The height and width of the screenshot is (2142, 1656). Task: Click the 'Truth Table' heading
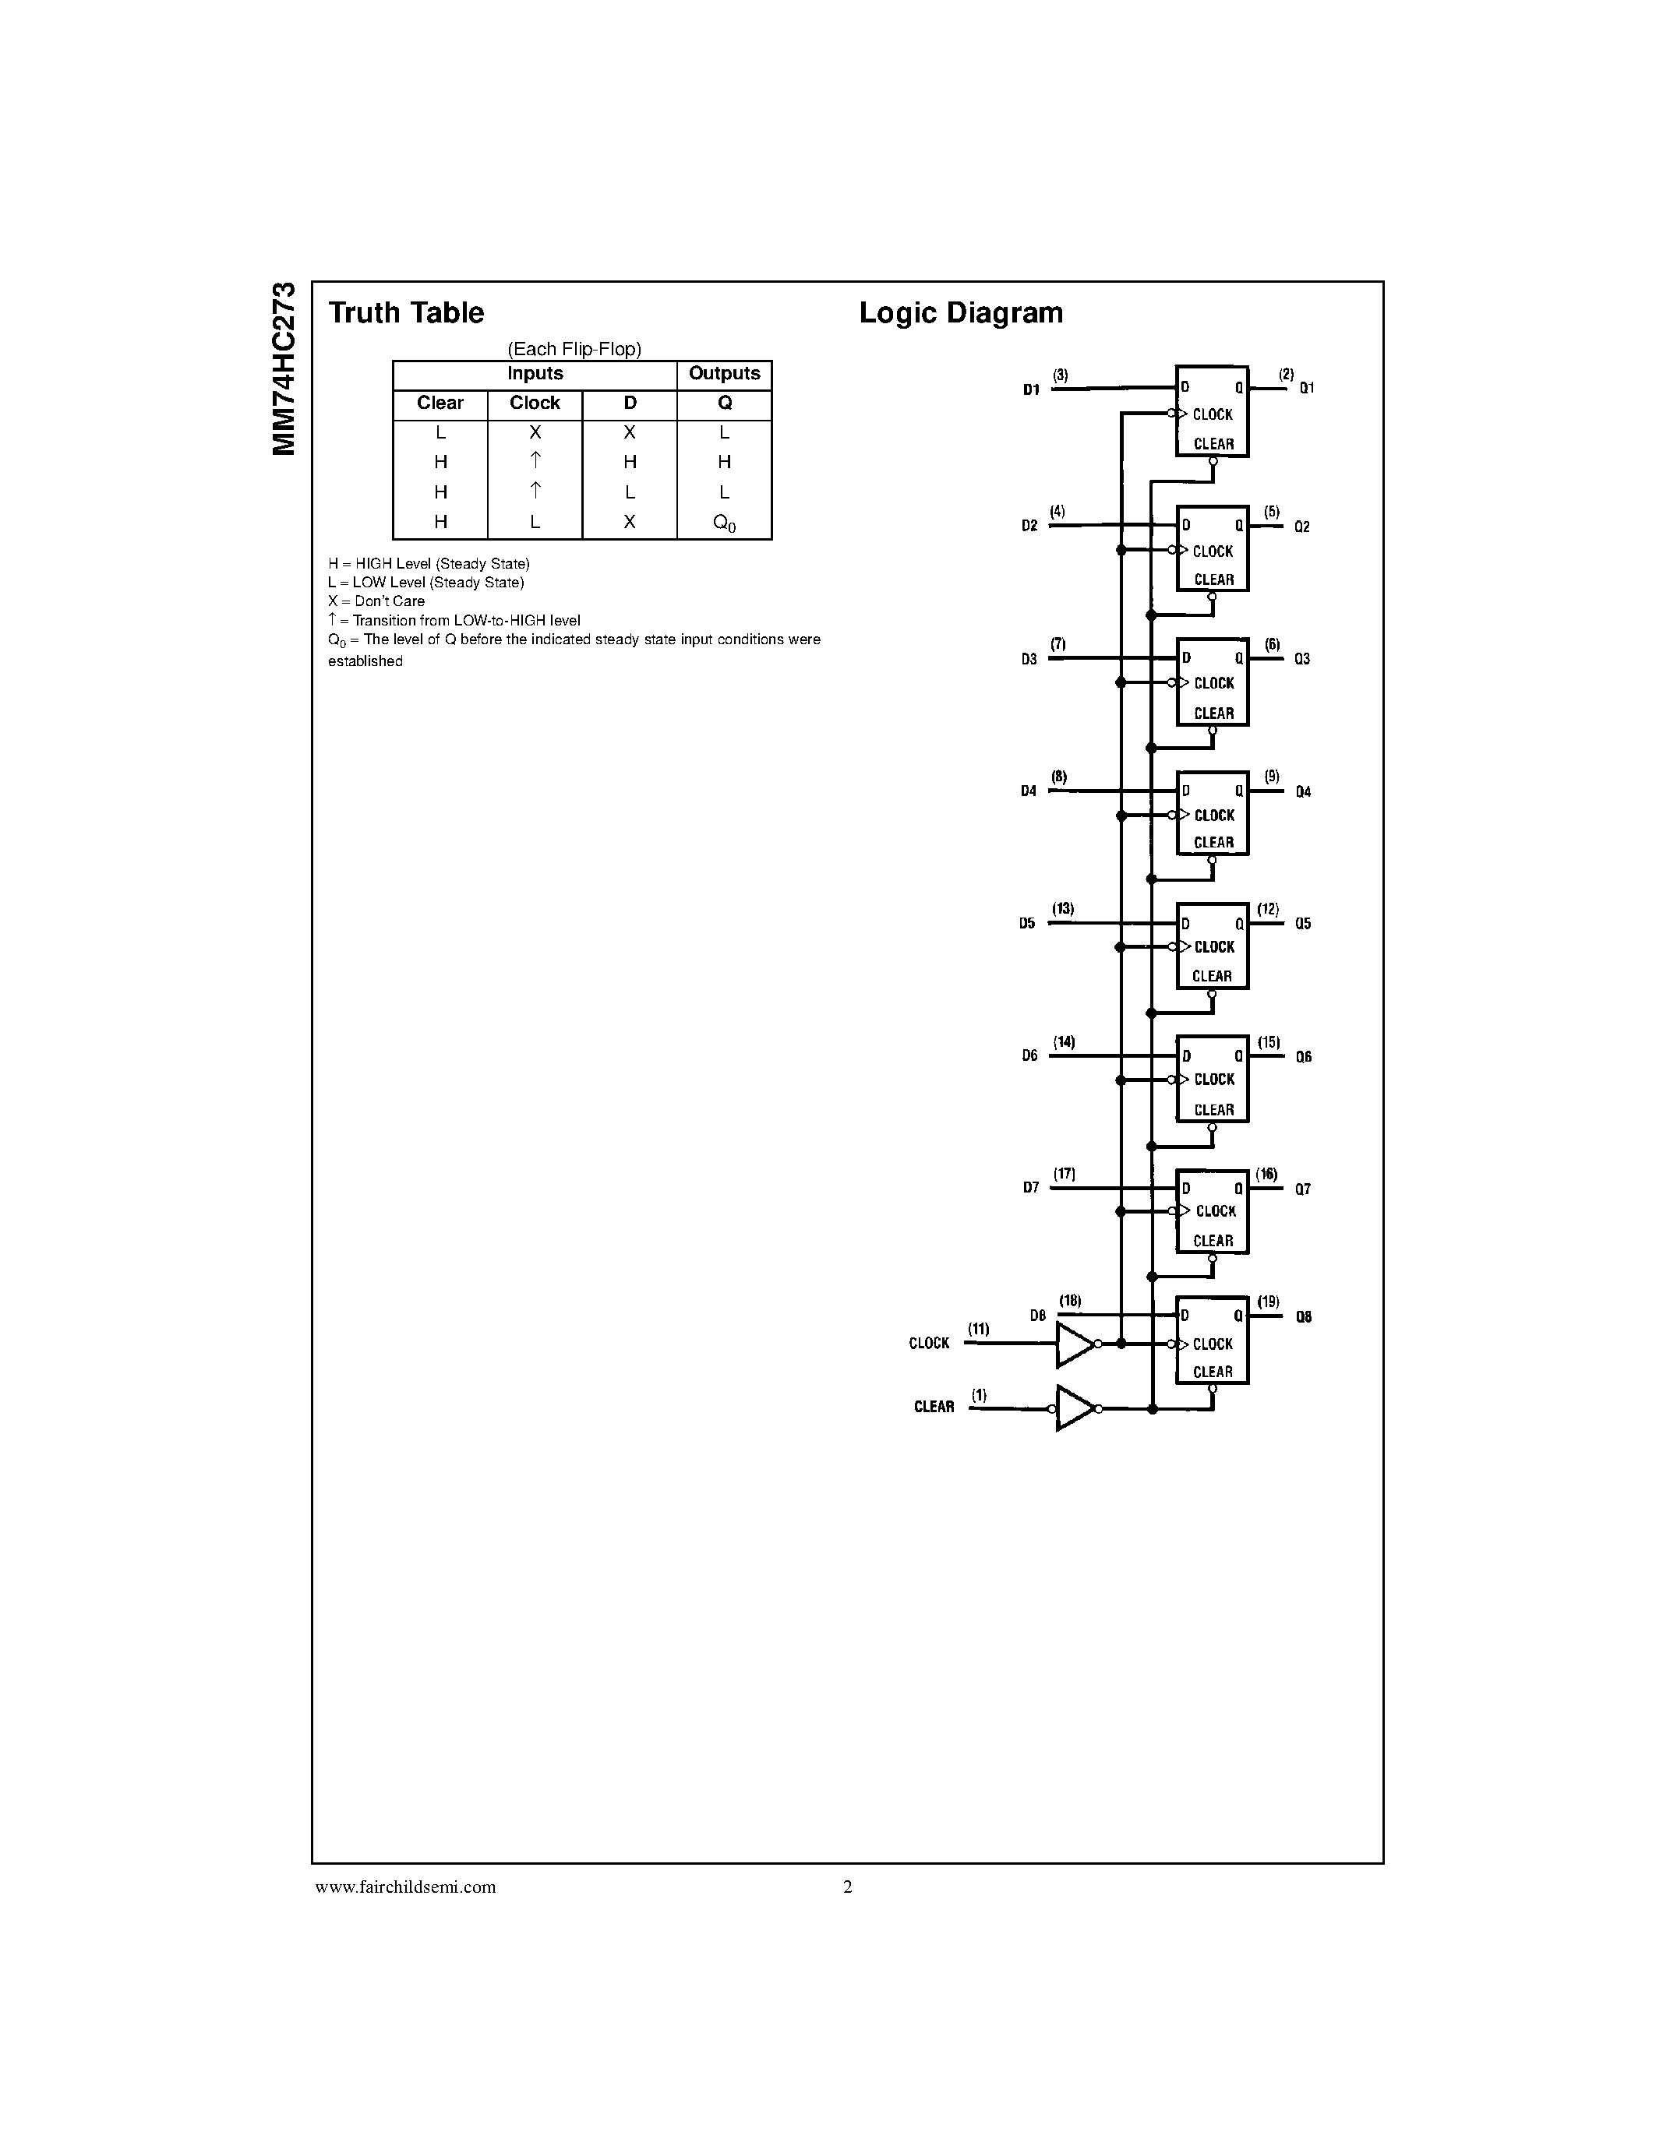click(406, 313)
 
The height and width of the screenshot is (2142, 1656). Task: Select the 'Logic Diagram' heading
click(960, 313)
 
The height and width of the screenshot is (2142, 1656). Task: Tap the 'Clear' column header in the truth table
click(440, 403)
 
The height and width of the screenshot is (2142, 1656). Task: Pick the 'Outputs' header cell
click(724, 374)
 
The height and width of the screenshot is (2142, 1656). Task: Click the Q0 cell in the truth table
click(724, 523)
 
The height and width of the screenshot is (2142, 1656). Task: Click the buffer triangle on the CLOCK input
click(1073, 1344)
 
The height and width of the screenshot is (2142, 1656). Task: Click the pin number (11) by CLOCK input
click(978, 1329)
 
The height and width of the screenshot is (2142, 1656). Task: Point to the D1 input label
click(1031, 390)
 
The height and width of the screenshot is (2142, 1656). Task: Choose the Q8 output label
click(1304, 1317)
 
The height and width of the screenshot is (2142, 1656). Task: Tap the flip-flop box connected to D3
click(1213, 682)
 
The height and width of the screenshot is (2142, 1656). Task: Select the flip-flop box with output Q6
click(1213, 1079)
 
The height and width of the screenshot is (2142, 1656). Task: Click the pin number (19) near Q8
click(1269, 1302)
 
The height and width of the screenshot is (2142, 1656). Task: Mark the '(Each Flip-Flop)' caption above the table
click(574, 349)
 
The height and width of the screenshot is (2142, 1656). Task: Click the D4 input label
click(1028, 791)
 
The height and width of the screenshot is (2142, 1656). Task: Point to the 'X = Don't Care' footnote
click(376, 601)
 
